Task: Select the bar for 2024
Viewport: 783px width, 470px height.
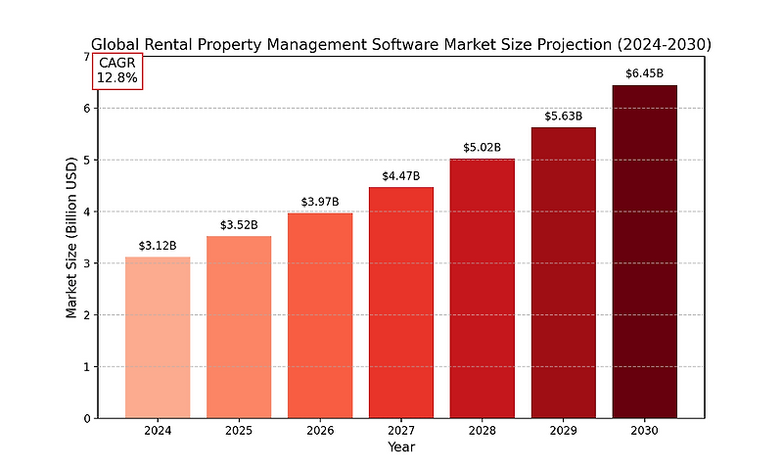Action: [x=158, y=337]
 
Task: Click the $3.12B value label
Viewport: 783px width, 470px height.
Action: [x=158, y=246]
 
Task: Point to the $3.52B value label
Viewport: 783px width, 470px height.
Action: [x=239, y=225]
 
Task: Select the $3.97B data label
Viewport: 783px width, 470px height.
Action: [x=320, y=202]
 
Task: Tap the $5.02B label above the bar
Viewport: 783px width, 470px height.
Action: [x=482, y=148]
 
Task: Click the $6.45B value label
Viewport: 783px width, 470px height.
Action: [x=644, y=73]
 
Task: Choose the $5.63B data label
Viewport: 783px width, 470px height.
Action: [x=563, y=117]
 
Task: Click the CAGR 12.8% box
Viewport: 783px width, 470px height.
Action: [x=117, y=70]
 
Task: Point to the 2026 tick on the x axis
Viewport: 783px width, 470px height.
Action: [x=320, y=431]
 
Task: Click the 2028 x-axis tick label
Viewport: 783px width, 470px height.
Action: [x=482, y=431]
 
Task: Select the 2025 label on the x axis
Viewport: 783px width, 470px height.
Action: [x=239, y=431]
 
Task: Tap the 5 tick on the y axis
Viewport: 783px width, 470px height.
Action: [x=86, y=160]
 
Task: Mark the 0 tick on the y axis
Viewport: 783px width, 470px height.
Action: [x=86, y=418]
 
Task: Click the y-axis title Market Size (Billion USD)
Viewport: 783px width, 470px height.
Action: [x=70, y=237]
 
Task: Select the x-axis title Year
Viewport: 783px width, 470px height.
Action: [x=400, y=447]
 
